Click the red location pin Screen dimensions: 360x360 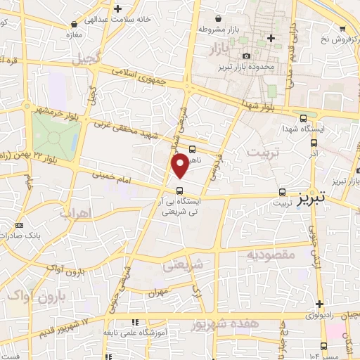click(x=181, y=165)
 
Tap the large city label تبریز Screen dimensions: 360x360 click(x=312, y=199)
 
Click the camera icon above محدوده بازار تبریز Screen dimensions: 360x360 click(x=246, y=56)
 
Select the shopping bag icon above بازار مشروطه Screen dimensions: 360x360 click(x=220, y=19)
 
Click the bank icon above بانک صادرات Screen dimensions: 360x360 click(x=18, y=225)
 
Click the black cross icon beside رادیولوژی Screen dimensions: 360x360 click(x=320, y=305)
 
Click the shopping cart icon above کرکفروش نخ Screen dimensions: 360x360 click(x=342, y=30)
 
